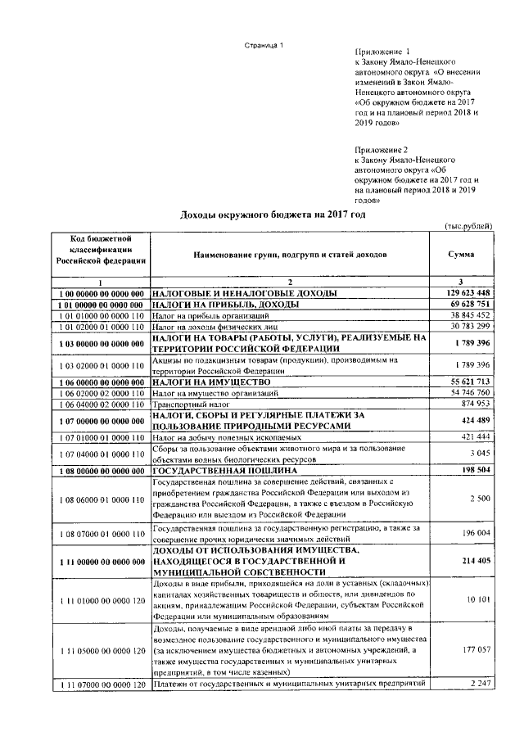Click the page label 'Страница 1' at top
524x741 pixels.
(x=264, y=45)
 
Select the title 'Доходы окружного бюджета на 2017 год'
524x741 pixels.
(x=272, y=215)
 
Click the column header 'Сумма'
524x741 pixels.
(x=460, y=255)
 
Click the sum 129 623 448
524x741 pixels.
(x=463, y=292)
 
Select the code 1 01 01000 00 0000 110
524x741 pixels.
(x=101, y=315)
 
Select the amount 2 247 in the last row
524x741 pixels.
(x=478, y=684)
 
